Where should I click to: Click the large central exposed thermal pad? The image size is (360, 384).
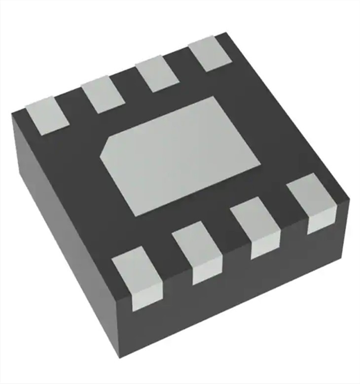click(x=180, y=155)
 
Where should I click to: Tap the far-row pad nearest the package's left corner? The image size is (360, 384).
click(x=46, y=115)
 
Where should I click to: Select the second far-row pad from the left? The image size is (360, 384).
click(x=103, y=94)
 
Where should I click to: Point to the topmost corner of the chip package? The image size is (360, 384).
click(x=226, y=33)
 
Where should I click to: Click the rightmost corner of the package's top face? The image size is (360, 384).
click(x=349, y=200)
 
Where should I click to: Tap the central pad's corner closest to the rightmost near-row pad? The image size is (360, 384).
click(x=260, y=165)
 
